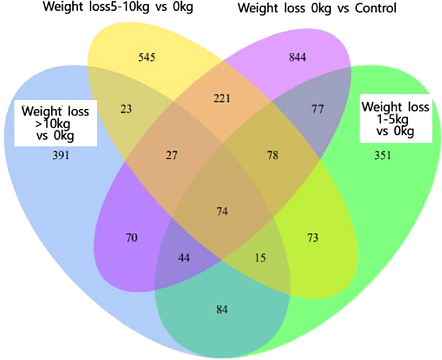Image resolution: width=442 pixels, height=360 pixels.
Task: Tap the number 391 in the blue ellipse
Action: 61,156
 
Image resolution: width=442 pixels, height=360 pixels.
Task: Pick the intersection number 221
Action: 221,98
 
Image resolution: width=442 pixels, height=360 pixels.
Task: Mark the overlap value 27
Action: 171,156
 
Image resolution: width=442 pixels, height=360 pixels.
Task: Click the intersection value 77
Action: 318,108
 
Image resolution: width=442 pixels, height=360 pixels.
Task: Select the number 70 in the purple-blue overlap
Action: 132,238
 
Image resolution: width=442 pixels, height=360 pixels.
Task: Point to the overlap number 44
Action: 184,258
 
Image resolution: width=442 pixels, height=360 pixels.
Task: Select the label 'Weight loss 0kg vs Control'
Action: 317,7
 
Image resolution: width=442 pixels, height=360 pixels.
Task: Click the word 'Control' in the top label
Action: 375,7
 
